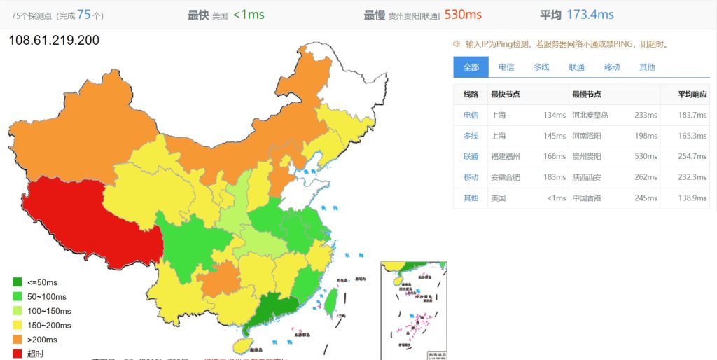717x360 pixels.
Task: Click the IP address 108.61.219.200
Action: (x=54, y=41)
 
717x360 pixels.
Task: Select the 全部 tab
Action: (x=471, y=67)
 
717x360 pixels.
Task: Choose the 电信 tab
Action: (x=506, y=67)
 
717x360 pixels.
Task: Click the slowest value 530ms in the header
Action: (x=462, y=14)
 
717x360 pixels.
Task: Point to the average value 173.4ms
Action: (x=590, y=14)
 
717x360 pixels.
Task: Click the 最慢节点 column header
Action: (x=586, y=95)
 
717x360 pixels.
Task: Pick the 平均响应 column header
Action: (x=692, y=95)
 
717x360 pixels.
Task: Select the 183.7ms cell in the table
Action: (x=692, y=115)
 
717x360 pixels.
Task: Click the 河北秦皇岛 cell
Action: (x=590, y=115)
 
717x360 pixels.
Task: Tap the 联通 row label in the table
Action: (x=471, y=156)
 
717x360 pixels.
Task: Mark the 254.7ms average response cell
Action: (x=692, y=156)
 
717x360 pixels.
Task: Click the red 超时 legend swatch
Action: (x=18, y=354)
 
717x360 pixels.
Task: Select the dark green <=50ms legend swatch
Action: (x=18, y=282)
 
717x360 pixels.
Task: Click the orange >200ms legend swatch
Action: (x=18, y=340)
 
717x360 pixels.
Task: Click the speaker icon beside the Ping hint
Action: (x=457, y=44)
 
